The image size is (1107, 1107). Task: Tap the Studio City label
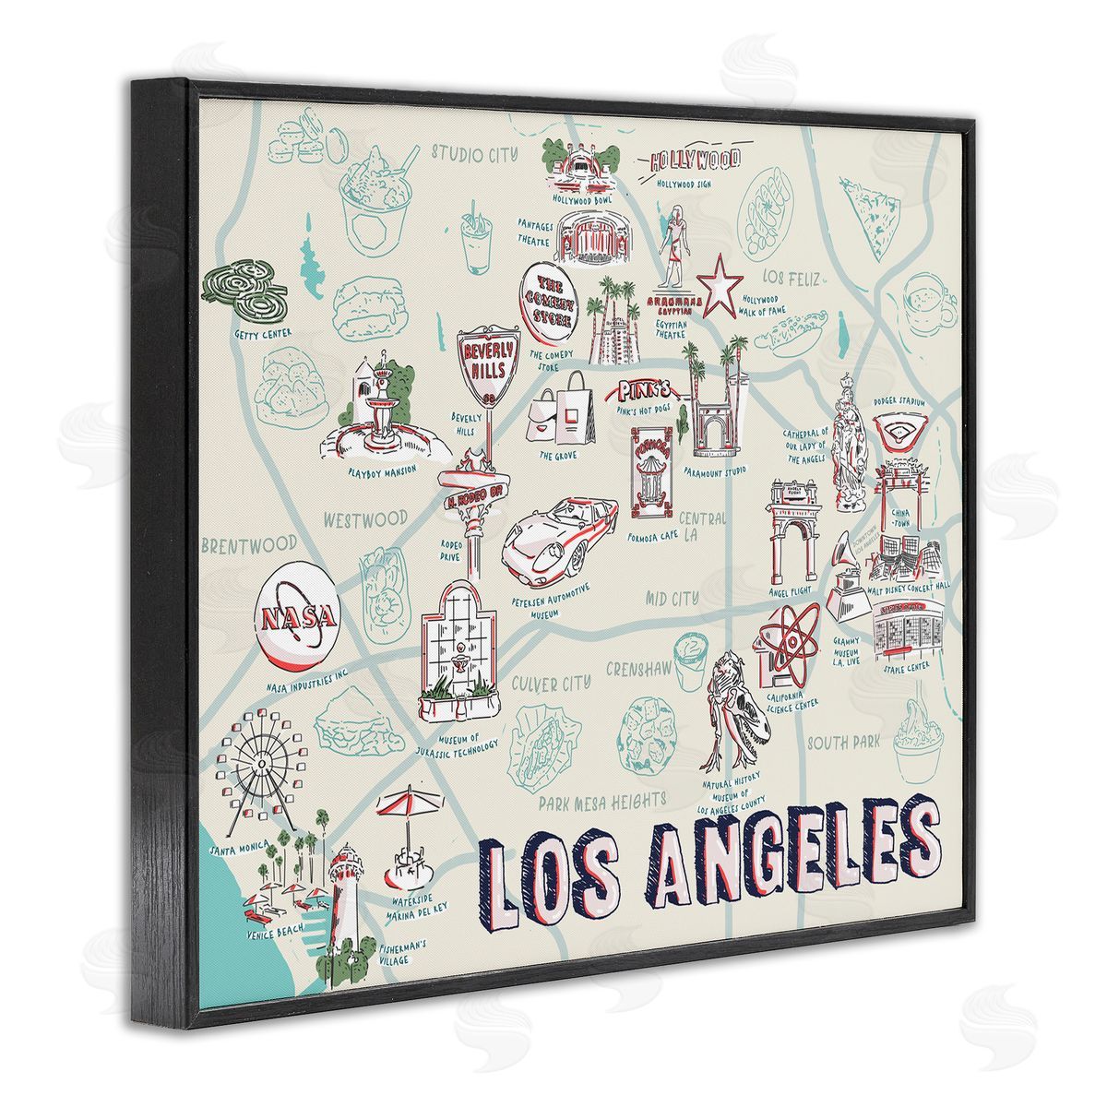(x=476, y=153)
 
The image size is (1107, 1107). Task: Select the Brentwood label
(x=249, y=543)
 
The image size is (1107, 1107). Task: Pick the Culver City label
(x=551, y=684)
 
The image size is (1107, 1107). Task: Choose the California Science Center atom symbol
(x=789, y=640)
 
